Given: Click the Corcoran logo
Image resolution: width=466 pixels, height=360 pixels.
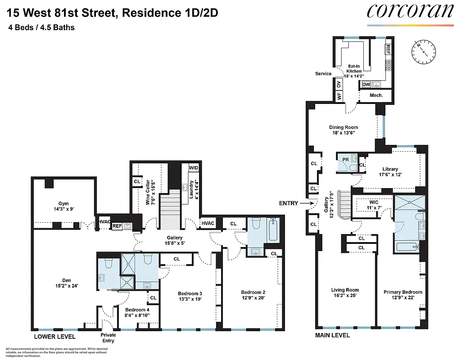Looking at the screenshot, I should (410, 11).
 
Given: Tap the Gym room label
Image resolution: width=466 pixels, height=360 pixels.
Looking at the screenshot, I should (63, 206).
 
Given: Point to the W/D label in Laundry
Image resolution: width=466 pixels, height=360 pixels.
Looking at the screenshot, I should (193, 168).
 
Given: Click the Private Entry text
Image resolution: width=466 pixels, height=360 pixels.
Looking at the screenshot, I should (108, 337).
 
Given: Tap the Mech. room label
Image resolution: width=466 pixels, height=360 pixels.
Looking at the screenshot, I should (376, 95).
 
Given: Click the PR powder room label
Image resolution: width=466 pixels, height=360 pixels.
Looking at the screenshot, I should (345, 159).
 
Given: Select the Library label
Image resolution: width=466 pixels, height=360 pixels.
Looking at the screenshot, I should (390, 171).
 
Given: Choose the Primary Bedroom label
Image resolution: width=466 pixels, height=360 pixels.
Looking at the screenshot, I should (403, 294).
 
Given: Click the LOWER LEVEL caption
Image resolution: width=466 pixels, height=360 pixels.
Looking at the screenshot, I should (54, 337).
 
